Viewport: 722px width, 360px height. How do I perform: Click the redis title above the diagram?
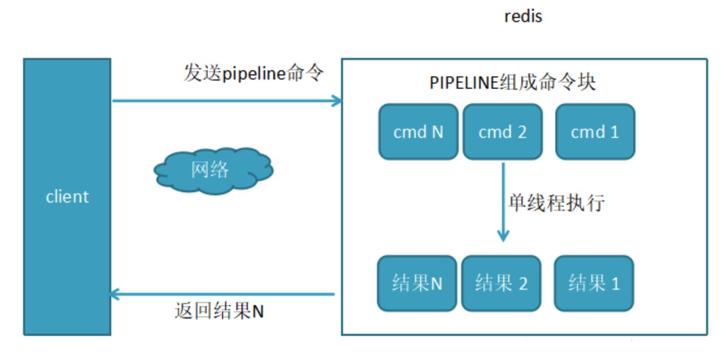click(x=523, y=16)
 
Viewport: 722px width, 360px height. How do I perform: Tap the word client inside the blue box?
click(x=67, y=197)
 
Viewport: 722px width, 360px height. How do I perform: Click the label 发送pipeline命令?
click(x=254, y=73)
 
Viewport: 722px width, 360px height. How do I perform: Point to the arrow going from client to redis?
click(x=226, y=101)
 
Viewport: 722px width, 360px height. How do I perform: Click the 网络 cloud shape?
click(x=212, y=171)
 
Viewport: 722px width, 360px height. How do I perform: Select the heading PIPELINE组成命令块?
click(x=512, y=83)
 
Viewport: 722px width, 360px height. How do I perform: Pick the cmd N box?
click(x=418, y=132)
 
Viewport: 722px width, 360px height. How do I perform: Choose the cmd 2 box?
click(x=503, y=132)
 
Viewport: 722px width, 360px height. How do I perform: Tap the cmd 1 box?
click(x=595, y=132)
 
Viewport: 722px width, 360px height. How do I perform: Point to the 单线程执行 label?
click(x=556, y=204)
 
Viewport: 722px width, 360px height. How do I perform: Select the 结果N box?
click(x=417, y=284)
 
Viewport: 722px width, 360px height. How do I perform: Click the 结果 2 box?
click(x=501, y=284)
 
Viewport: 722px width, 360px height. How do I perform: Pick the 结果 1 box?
click(x=594, y=284)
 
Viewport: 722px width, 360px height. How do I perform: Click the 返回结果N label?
click(x=219, y=311)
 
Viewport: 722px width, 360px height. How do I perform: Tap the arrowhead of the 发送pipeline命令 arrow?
click(x=337, y=101)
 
